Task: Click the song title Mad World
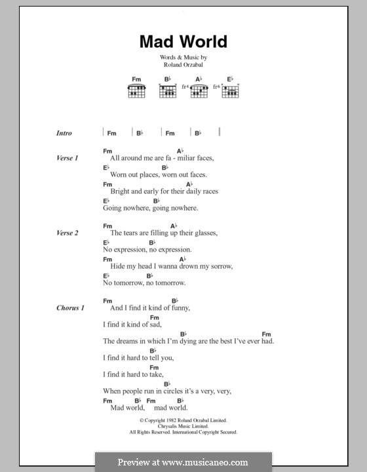point(183,42)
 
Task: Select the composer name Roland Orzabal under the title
point(183,66)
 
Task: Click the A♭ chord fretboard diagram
point(199,91)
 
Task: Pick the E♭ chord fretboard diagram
point(230,91)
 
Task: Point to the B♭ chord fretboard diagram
point(168,91)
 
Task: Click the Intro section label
point(64,133)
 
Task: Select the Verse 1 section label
point(68,158)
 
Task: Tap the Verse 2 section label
point(68,233)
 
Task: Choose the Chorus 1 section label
point(70,307)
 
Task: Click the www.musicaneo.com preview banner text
point(183,462)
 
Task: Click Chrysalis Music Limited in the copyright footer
point(183,426)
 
